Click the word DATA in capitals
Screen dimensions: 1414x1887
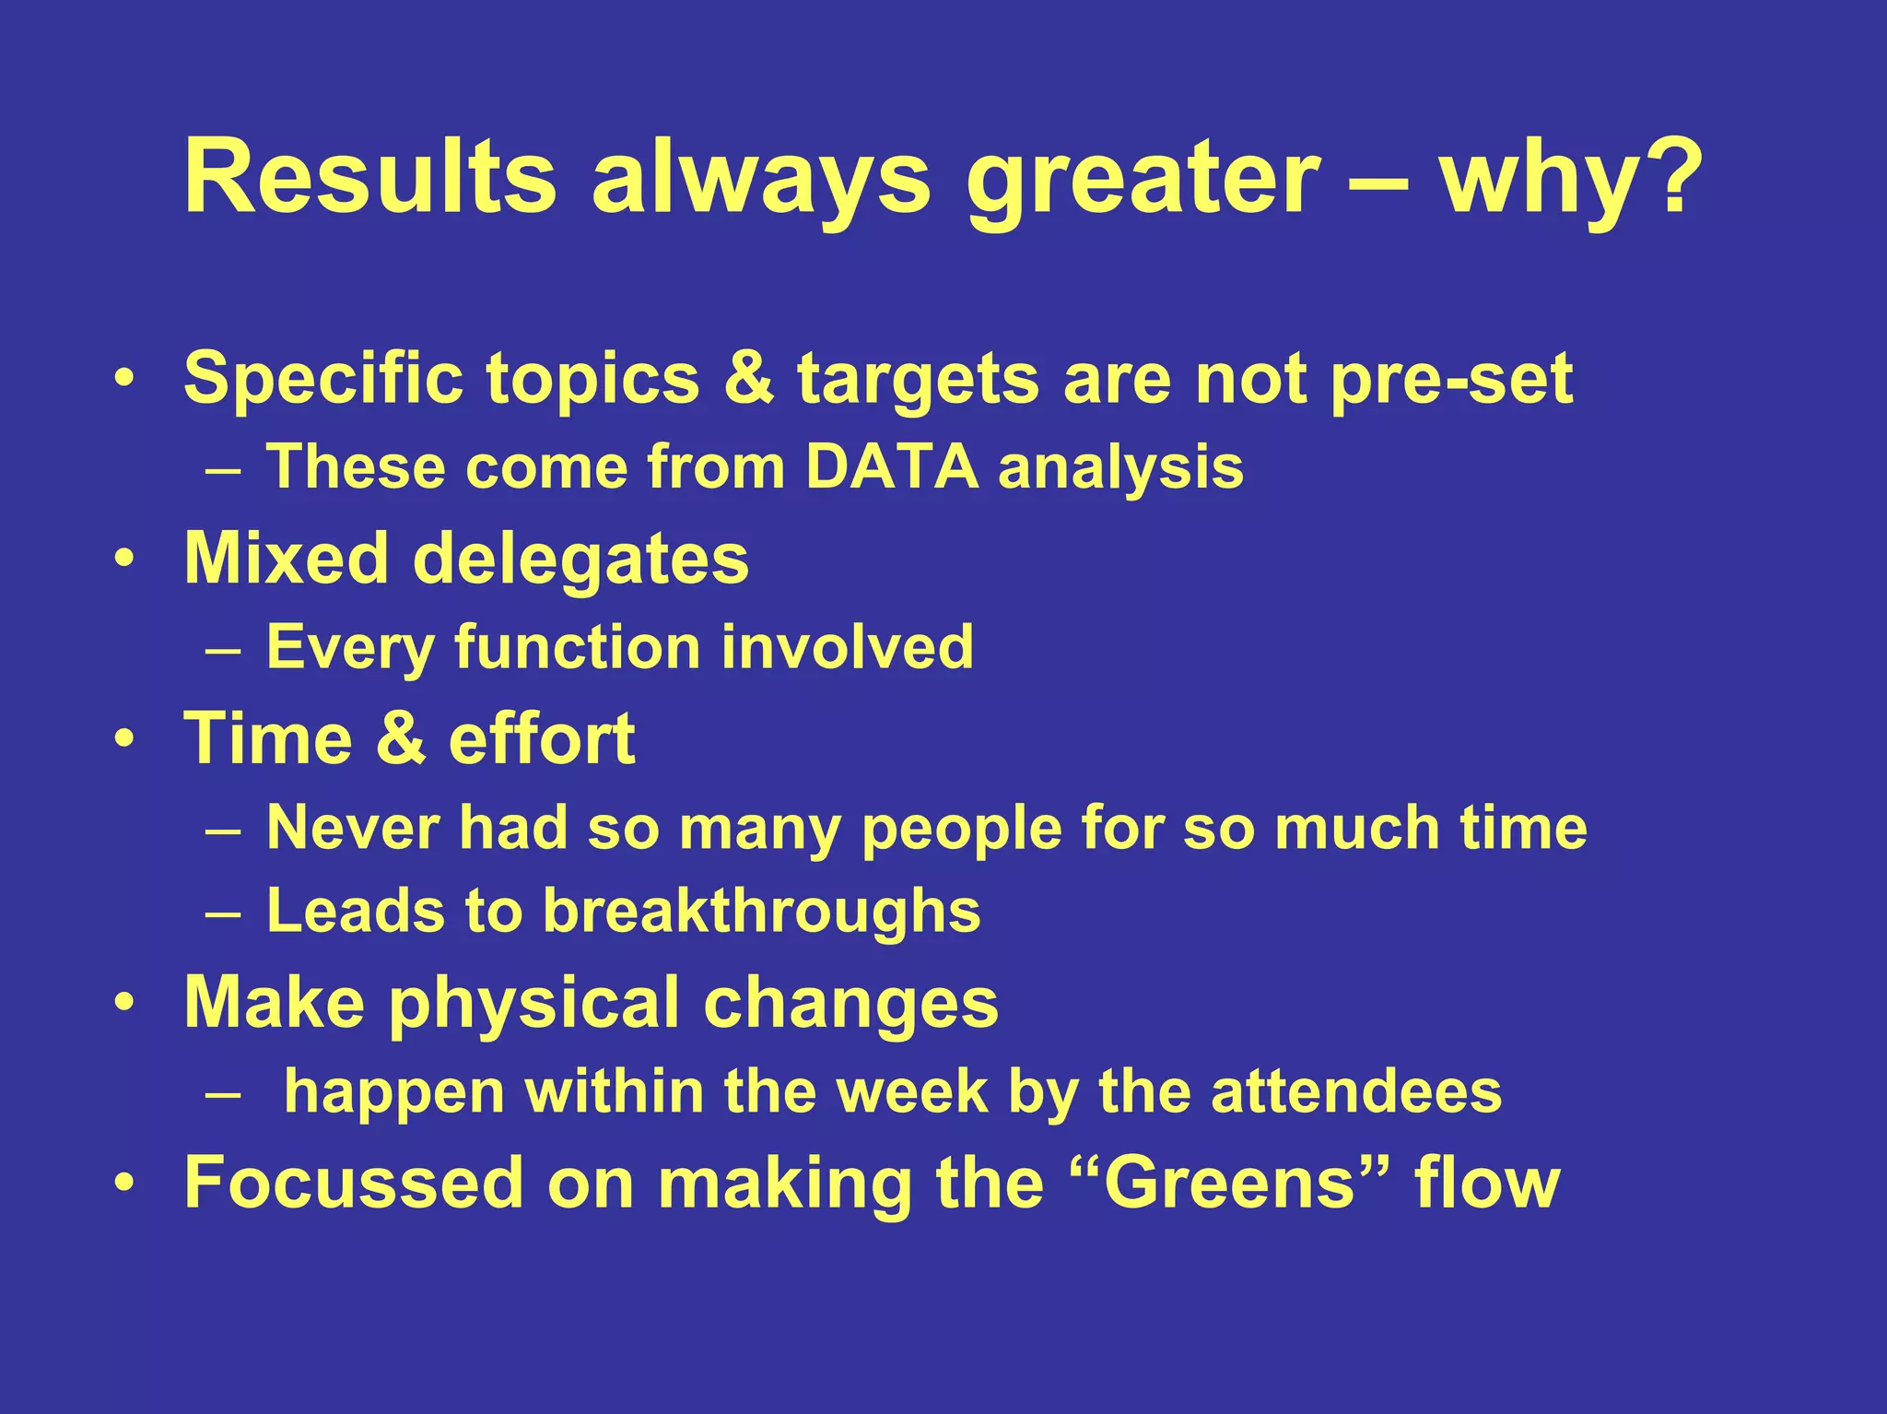coord(891,466)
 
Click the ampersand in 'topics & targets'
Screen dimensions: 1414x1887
coord(748,378)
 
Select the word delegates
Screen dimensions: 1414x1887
coord(580,560)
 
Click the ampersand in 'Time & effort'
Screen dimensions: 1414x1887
coord(401,739)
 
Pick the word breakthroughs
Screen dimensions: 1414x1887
coord(761,912)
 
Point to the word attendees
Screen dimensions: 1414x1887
coord(1356,1092)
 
